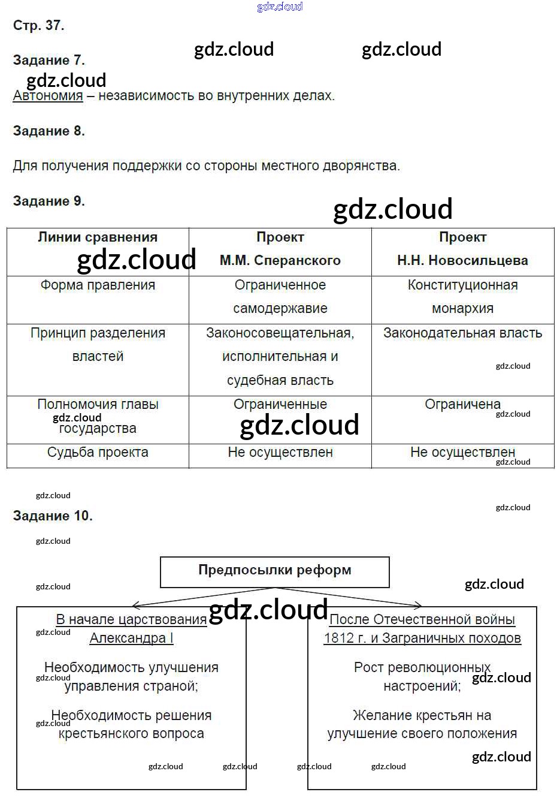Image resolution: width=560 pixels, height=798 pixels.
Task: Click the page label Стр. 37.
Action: (x=38, y=25)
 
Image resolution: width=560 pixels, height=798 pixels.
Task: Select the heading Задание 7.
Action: (x=49, y=60)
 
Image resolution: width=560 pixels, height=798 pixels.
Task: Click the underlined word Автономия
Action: (x=48, y=95)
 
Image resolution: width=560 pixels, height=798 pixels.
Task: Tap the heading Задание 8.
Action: (x=49, y=131)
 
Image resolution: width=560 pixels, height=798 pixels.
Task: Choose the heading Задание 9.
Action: (x=49, y=201)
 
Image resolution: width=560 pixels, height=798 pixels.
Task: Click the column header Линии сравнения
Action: (x=98, y=237)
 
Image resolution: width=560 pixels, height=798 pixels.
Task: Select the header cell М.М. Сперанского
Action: (x=280, y=260)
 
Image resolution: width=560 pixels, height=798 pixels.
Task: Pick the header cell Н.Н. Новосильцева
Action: (x=462, y=260)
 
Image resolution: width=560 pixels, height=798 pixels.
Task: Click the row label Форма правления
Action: (x=98, y=285)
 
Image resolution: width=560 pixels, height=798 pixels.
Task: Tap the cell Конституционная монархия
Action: (x=462, y=297)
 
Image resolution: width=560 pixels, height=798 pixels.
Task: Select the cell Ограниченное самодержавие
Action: (x=280, y=297)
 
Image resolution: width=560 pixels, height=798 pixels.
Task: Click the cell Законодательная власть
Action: (x=462, y=333)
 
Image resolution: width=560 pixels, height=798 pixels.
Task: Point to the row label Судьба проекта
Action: (x=98, y=453)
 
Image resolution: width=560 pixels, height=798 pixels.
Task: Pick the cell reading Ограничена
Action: (x=462, y=405)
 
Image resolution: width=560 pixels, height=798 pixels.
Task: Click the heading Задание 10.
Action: (x=53, y=516)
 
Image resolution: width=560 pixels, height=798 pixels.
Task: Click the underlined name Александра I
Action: (x=131, y=638)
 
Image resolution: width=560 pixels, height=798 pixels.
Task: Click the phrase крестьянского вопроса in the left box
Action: (x=131, y=734)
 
